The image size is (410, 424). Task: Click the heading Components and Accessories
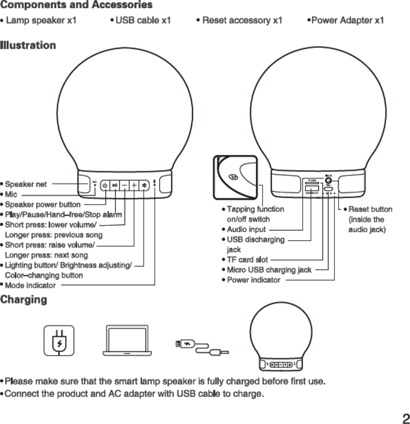point(76,6)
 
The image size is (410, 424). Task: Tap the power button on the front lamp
point(105,185)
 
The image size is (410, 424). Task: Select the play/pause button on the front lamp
point(115,185)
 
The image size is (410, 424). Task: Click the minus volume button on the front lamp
point(125,185)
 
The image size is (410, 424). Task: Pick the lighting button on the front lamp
point(144,185)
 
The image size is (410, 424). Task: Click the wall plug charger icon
point(59,341)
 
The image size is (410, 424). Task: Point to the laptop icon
point(127,341)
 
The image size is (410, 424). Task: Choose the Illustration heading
point(28,46)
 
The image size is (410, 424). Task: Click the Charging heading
point(23,300)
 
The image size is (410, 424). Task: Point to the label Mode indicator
point(30,285)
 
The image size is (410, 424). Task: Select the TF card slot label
point(247,259)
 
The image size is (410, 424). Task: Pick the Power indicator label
point(253,280)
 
